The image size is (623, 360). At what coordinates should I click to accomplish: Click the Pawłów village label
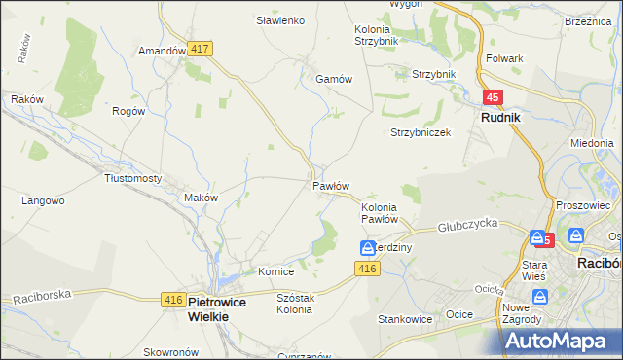pos(331,185)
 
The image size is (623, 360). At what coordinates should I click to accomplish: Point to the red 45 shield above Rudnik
pos(494,97)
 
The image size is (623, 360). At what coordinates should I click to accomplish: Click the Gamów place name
pos(332,80)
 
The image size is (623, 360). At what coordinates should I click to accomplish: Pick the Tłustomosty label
pos(132,178)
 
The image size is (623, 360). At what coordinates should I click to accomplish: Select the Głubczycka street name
pos(467,223)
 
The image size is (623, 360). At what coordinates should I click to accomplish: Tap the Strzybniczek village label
pos(421,132)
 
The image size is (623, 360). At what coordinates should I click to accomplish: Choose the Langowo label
pos(43,201)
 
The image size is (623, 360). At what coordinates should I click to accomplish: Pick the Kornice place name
pos(275,271)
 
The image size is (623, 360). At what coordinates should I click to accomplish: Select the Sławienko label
pos(280,20)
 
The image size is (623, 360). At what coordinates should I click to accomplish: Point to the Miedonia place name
pos(592,143)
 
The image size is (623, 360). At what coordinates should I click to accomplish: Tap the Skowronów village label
pos(171,351)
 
